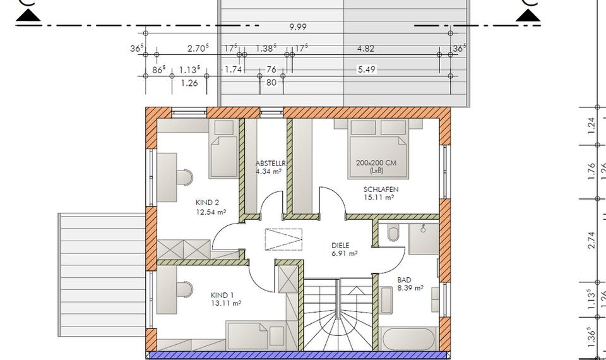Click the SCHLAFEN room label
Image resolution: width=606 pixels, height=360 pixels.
tap(381, 189)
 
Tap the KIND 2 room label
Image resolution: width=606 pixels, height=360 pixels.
tap(207, 202)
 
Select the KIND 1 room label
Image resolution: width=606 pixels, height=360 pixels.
tap(222, 296)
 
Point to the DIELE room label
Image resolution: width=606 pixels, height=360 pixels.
tap(340, 245)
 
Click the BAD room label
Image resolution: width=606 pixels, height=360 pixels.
tap(404, 280)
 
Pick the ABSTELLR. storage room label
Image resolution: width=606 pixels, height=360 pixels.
tap(271, 163)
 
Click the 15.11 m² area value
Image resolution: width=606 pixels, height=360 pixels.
tap(379, 197)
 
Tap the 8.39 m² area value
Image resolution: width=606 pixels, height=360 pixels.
tap(410, 288)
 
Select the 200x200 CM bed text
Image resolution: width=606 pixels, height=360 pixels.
tap(376, 163)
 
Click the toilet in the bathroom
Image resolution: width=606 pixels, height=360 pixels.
tap(393, 234)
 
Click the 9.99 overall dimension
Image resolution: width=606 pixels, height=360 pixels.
tap(297, 27)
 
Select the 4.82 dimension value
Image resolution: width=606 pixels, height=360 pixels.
tap(365, 49)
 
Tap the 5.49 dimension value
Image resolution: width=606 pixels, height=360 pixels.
tap(366, 69)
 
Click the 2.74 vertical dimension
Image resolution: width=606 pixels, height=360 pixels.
tap(591, 241)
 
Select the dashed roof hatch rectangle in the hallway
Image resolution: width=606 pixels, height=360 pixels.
tap(283, 239)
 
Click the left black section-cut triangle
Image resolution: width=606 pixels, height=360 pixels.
tap(28, 16)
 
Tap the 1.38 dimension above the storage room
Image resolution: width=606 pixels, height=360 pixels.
tap(266, 49)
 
